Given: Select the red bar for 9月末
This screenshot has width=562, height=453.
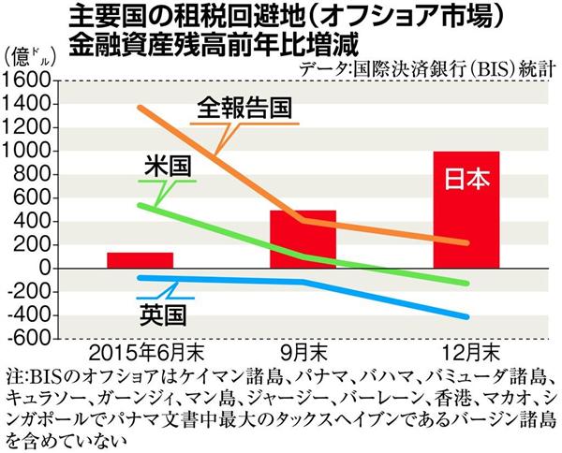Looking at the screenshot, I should click(x=303, y=239).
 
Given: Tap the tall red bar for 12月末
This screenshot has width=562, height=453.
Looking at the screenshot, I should click(x=466, y=210).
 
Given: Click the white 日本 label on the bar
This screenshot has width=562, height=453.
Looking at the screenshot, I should click(x=466, y=180).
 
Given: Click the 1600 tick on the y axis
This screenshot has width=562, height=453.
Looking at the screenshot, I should click(x=27, y=81).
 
